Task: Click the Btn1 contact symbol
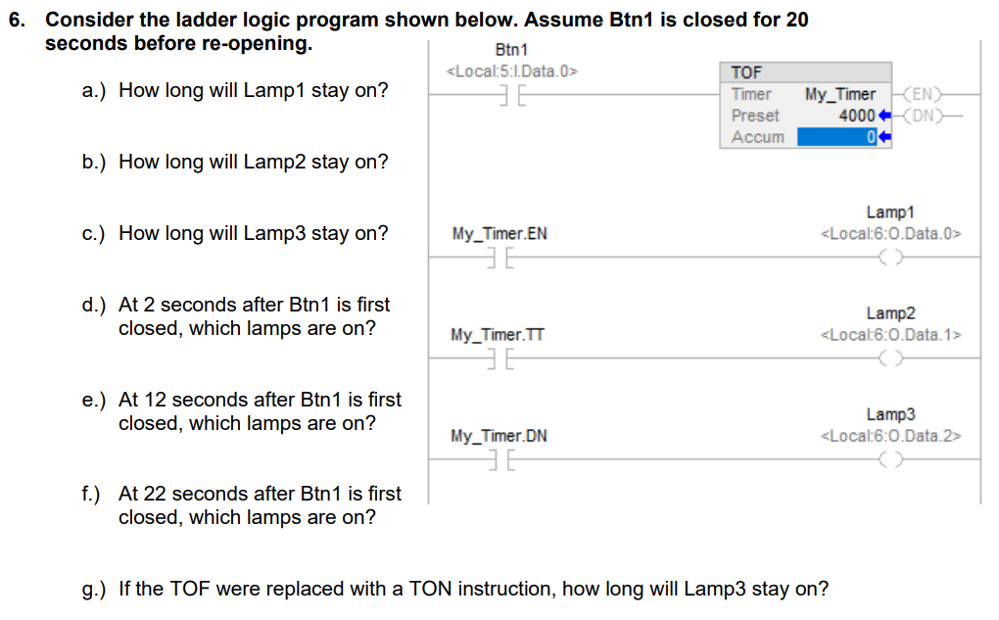pyautogui.click(x=513, y=96)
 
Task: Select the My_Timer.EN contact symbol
pyautogui.click(x=500, y=258)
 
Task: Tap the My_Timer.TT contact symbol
pyautogui.click(x=500, y=358)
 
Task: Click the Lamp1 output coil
pyautogui.click(x=890, y=258)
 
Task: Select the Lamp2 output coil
pyautogui.click(x=890, y=358)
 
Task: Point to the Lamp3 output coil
pyautogui.click(x=890, y=459)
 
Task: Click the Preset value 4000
pyautogui.click(x=857, y=116)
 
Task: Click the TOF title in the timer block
pyautogui.click(x=746, y=72)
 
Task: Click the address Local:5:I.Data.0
pyautogui.click(x=512, y=72)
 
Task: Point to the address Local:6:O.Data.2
pyautogui.click(x=890, y=436)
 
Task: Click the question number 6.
pyautogui.click(x=18, y=20)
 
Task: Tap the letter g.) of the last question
pyautogui.click(x=94, y=590)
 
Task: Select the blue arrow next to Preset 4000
pyautogui.click(x=884, y=116)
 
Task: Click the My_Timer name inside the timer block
pyautogui.click(x=840, y=94)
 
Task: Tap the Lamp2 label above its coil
pyautogui.click(x=890, y=312)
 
